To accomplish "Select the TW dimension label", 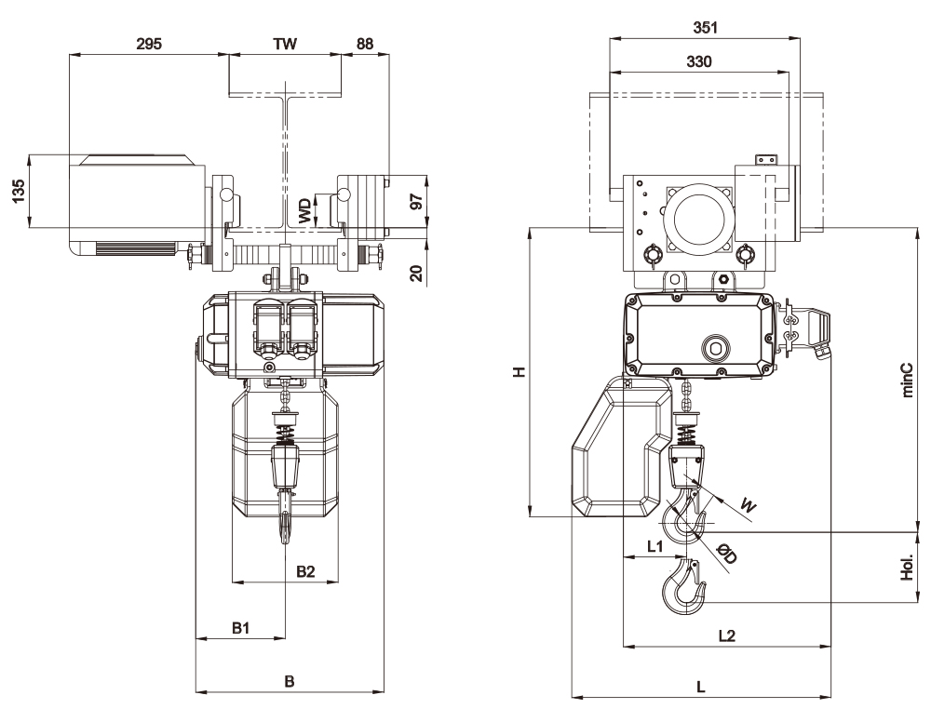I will tap(284, 45).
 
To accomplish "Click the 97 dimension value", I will tap(417, 200).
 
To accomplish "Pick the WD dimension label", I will tap(304, 210).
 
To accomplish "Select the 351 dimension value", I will tap(704, 28).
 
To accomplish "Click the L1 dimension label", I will tap(654, 546).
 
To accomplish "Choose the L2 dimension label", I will tap(727, 635).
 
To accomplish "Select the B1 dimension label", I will tap(241, 629).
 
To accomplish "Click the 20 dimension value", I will tap(417, 272).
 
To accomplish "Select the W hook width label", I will tap(747, 504).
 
